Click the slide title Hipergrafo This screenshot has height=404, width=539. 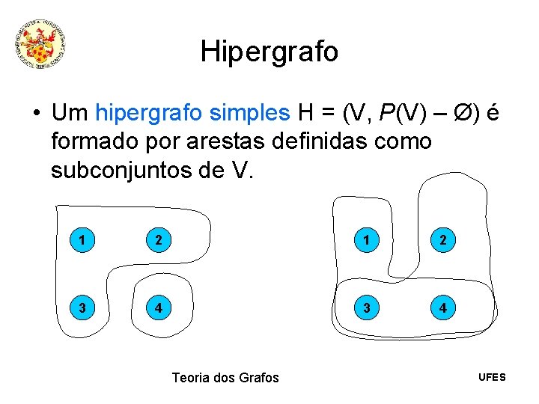(269, 52)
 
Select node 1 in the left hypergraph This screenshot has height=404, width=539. (80, 241)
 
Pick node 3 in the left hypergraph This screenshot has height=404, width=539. (80, 307)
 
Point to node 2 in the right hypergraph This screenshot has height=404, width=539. (445, 241)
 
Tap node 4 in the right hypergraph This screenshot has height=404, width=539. (445, 307)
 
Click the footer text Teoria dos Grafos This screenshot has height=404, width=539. (225, 378)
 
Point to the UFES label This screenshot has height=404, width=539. (492, 377)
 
